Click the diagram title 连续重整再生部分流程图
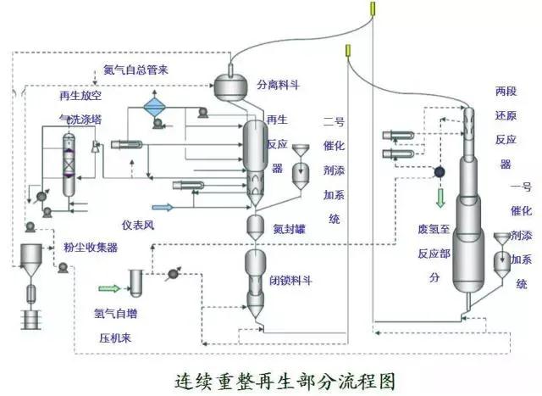click(x=285, y=382)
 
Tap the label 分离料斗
click(x=279, y=85)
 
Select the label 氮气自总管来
click(x=135, y=70)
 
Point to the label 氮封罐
click(x=290, y=229)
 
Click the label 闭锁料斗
click(x=290, y=280)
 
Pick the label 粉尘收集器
click(x=91, y=247)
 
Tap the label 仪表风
click(x=138, y=226)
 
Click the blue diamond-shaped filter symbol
click(x=155, y=107)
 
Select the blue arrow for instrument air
click(x=163, y=208)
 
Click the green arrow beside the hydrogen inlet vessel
click(x=109, y=288)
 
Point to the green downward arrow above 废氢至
click(x=440, y=198)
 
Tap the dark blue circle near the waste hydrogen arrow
click(x=440, y=172)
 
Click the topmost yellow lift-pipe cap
click(x=373, y=8)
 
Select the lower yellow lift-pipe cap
click(x=348, y=51)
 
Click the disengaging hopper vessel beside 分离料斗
click(x=230, y=86)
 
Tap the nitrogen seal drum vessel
click(x=256, y=226)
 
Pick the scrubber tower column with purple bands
click(x=69, y=165)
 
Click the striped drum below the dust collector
click(x=31, y=319)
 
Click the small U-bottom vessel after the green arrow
click(x=135, y=283)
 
